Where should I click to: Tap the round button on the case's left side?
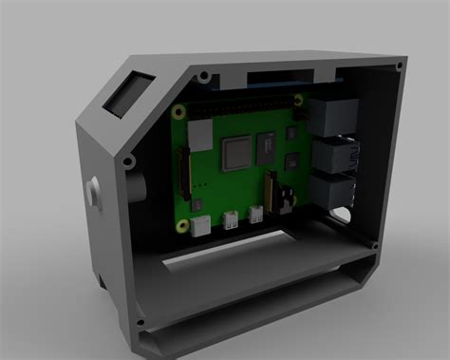94,190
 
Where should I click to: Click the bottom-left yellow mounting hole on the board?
179,225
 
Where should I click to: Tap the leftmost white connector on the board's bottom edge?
200,226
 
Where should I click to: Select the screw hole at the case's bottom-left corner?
142,333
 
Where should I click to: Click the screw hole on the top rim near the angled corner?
202,74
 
